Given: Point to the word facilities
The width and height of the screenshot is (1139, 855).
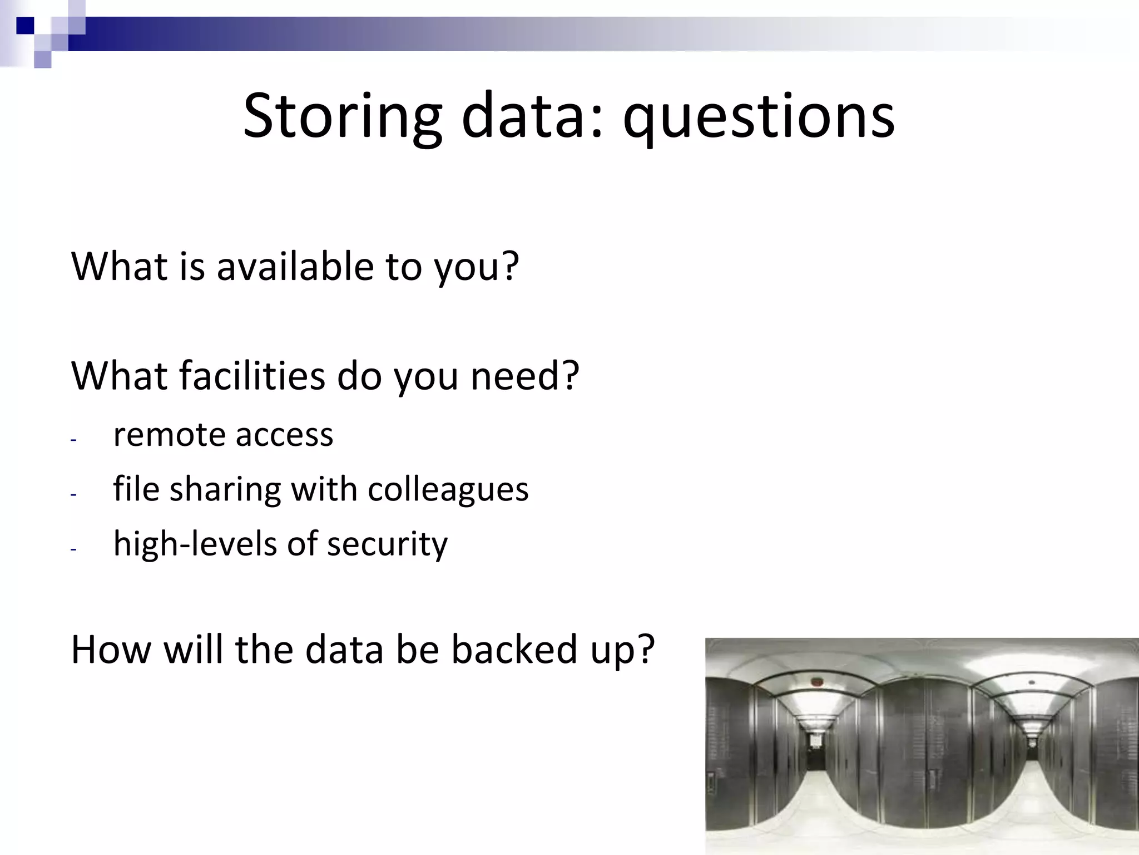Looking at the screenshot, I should coord(252,376).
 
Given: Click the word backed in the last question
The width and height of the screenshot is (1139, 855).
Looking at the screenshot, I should coord(514,650).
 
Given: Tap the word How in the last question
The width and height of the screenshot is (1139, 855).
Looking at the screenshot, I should coord(111,650).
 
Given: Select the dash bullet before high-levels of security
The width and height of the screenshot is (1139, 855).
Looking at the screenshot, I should coord(73,549).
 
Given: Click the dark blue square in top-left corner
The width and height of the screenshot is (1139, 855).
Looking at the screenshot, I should coord(25,26).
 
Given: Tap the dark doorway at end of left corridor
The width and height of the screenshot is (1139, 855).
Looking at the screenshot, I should coord(816,754).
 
